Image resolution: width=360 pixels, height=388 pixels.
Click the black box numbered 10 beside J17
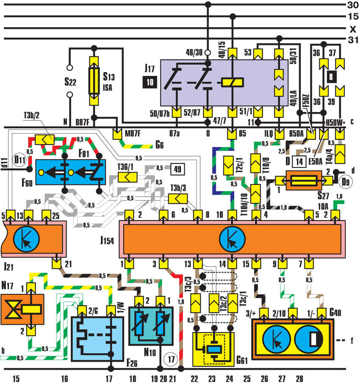click(x=150, y=82)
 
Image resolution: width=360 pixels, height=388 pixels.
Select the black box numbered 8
click(x=331, y=77)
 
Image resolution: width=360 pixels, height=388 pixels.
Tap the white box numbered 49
click(x=177, y=169)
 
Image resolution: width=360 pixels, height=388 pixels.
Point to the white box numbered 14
click(x=299, y=162)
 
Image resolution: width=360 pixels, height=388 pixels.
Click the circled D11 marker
click(x=19, y=159)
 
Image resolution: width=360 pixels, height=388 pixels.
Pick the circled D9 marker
click(x=346, y=182)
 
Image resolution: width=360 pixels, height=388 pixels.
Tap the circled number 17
click(x=171, y=359)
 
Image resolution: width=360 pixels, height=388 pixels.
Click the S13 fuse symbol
click(x=94, y=81)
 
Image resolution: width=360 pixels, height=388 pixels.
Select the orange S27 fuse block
click(x=304, y=180)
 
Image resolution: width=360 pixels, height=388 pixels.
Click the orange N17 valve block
click(x=22, y=309)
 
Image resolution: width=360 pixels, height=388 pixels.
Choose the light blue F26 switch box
click(x=97, y=338)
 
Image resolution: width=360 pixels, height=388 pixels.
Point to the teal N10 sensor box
click(x=151, y=326)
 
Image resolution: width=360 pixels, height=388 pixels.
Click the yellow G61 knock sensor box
click(x=213, y=349)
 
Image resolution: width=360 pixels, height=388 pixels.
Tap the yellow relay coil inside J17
click(x=232, y=82)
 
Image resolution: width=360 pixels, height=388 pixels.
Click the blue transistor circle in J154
click(x=232, y=239)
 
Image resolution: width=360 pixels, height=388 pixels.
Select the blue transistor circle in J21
click(x=26, y=239)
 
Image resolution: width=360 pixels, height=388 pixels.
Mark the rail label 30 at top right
click(x=353, y=5)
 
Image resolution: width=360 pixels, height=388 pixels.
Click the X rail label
click(x=353, y=29)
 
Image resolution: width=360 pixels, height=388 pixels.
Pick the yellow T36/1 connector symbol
click(x=127, y=177)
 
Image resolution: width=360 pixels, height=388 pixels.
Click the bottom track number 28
click(x=299, y=379)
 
